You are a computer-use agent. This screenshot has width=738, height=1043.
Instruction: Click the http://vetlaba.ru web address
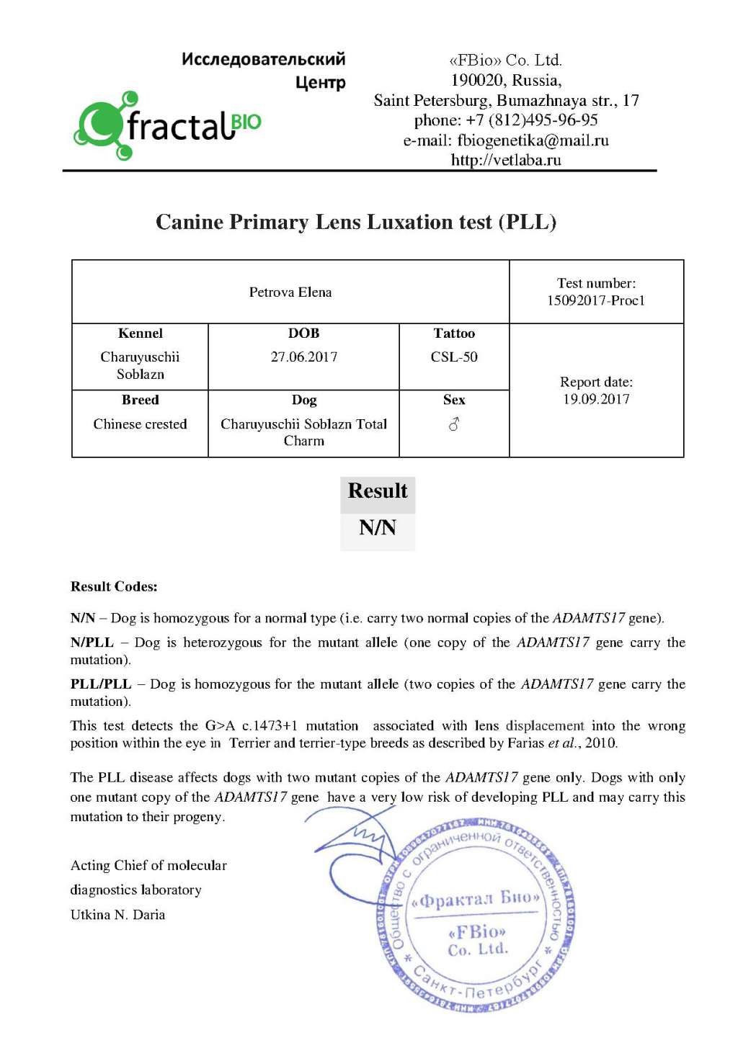tap(506, 160)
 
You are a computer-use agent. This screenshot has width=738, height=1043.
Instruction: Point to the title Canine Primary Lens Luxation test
tap(356, 222)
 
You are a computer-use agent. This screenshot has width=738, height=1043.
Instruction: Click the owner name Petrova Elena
tap(290, 292)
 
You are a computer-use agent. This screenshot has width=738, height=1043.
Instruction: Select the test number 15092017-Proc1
tap(596, 301)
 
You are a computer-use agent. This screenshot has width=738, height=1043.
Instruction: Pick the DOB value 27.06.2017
tap(304, 357)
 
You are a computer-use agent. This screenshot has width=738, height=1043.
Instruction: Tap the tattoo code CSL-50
tap(454, 357)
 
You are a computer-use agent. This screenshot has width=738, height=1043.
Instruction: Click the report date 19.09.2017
tap(596, 400)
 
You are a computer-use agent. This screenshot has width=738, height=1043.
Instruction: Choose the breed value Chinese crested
tap(140, 424)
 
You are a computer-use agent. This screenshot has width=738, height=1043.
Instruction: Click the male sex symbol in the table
tap(454, 425)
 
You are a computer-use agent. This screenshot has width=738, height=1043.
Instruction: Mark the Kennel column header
tap(141, 334)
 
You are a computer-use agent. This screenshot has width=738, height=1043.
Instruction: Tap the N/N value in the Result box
tap(378, 528)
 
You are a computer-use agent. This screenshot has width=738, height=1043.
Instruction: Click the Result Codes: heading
tap(114, 587)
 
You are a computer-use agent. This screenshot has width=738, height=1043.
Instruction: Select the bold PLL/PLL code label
tap(101, 684)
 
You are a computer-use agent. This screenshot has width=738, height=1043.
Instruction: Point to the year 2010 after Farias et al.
tap(600, 743)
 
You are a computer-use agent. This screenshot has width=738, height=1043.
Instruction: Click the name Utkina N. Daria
tap(117, 915)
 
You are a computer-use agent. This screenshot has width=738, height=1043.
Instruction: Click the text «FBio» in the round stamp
tap(477, 932)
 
